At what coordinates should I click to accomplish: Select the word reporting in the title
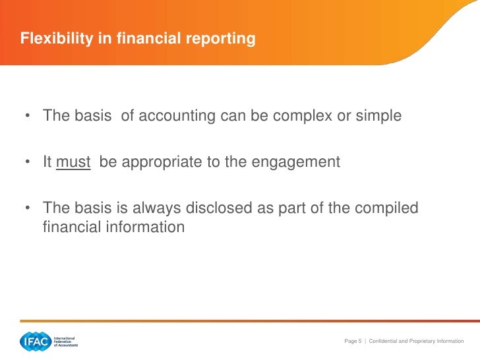[222, 40]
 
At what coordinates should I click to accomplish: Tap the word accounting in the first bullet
[176, 116]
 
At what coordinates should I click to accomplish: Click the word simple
[378, 117]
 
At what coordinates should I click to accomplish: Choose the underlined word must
[73, 162]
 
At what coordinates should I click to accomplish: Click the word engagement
[303, 163]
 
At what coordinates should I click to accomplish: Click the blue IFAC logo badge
[34, 342]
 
